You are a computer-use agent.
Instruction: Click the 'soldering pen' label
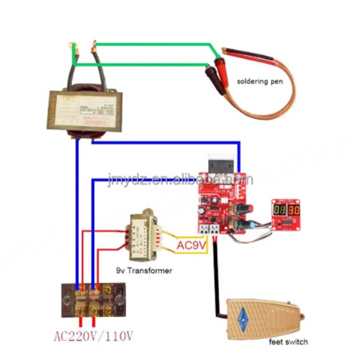point(259,81)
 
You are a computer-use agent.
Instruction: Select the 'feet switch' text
point(288,342)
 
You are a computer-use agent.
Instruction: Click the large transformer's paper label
point(84,112)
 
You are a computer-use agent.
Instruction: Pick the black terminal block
point(93,300)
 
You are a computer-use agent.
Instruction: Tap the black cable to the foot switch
point(217,277)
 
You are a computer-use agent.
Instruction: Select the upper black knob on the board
point(247,208)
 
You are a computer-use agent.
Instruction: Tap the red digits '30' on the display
point(294,210)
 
